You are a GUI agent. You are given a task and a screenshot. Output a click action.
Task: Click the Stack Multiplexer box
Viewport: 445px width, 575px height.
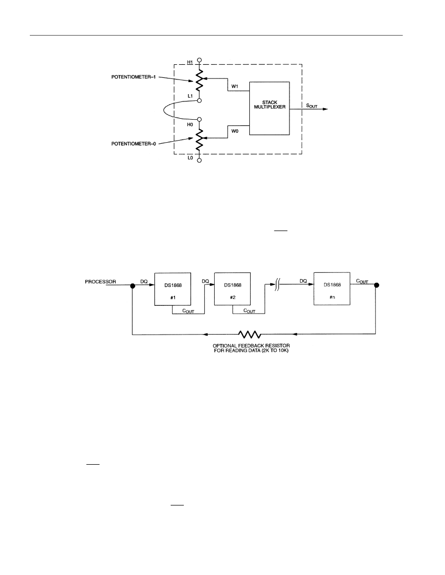pyautogui.click(x=270, y=108)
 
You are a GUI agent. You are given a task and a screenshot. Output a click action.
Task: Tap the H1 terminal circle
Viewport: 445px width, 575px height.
pyautogui.click(x=199, y=60)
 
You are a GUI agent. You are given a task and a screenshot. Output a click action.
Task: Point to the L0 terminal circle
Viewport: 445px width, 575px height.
pyautogui.click(x=199, y=160)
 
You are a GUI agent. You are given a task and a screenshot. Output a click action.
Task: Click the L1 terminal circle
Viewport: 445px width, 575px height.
pyautogui.click(x=199, y=100)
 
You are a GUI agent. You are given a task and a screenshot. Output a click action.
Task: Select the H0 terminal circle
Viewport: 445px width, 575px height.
pyautogui.click(x=199, y=120)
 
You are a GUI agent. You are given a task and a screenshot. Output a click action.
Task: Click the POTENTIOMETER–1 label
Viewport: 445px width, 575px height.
pyautogui.click(x=133, y=77)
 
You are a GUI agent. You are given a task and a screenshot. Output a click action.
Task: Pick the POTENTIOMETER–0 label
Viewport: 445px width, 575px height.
pyautogui.click(x=133, y=144)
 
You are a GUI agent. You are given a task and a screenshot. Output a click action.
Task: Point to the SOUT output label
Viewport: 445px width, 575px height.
pyautogui.click(x=311, y=106)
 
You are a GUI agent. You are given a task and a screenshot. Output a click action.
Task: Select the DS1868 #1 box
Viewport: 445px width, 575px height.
pyautogui.click(x=173, y=289)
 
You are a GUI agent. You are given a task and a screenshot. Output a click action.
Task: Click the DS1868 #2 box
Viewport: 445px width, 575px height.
pyautogui.click(x=232, y=289)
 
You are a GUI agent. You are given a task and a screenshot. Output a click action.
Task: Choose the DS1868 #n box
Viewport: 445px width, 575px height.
pyautogui.click(x=332, y=289)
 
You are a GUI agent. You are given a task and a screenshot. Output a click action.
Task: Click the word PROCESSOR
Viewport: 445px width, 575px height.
pyautogui.click(x=101, y=282)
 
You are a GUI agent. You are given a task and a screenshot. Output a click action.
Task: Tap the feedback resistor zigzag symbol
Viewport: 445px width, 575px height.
pyautogui.click(x=250, y=334)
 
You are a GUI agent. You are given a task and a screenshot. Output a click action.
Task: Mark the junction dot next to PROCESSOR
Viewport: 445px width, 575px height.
pyautogui.click(x=133, y=285)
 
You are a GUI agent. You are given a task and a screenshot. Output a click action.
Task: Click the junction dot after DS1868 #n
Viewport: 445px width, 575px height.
pyautogui.click(x=376, y=285)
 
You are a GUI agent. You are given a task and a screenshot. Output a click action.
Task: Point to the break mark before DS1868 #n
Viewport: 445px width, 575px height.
pyautogui.click(x=278, y=284)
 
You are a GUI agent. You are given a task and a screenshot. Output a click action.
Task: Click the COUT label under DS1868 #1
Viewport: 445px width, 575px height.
pyautogui.click(x=188, y=311)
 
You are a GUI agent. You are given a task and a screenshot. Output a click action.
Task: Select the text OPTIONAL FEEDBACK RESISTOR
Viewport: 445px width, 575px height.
pyautogui.click(x=251, y=346)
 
